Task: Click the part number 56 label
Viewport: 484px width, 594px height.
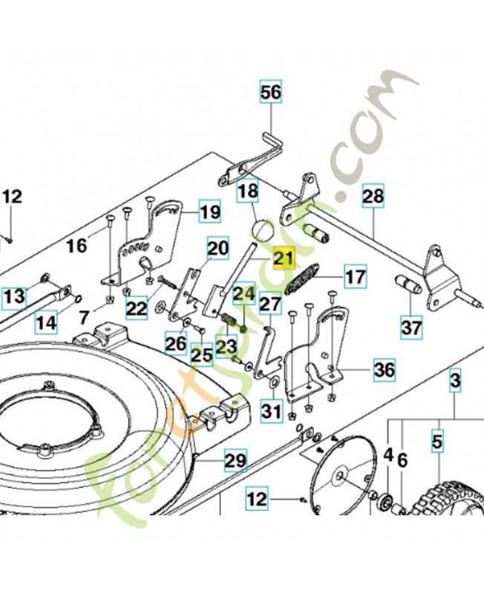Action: click(x=271, y=93)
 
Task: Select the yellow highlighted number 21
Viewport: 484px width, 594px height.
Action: click(x=283, y=258)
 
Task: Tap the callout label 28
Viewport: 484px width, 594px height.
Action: click(x=373, y=197)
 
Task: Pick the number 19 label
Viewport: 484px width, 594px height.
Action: click(x=210, y=212)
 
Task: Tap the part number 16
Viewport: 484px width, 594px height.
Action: click(x=77, y=245)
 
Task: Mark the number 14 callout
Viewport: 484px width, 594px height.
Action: click(x=46, y=323)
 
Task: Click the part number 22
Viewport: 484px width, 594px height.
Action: click(x=136, y=308)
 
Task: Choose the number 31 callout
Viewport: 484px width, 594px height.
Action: click(x=272, y=410)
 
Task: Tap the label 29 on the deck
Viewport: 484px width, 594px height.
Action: click(x=235, y=461)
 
